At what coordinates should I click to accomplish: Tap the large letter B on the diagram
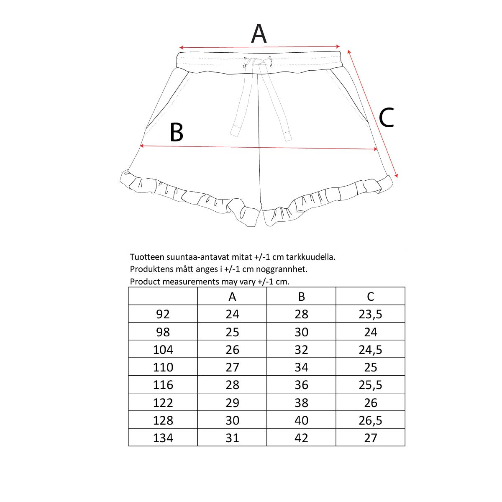point(177,133)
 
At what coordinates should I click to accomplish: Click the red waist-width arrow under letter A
point(259,47)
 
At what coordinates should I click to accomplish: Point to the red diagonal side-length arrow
point(372,113)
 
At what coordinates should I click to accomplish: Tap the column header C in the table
point(370,297)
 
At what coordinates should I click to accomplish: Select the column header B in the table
point(301,297)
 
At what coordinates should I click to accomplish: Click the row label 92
point(163,314)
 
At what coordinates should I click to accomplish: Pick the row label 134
point(163,438)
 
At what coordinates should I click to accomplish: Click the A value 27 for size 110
point(232,367)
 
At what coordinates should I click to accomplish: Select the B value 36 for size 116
point(301,385)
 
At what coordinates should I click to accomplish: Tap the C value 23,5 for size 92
point(370,314)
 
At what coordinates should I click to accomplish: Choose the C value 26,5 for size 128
point(370,420)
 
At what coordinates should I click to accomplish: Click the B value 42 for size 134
point(301,438)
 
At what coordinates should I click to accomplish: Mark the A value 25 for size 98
point(232,332)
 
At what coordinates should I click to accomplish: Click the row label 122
point(163,403)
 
